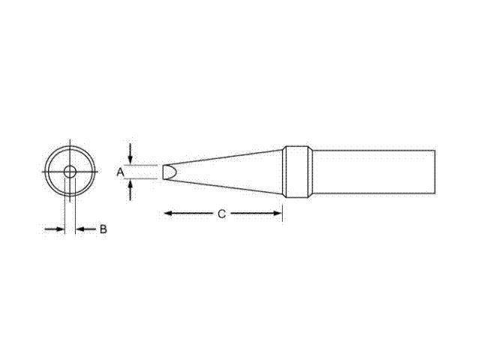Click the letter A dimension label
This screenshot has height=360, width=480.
tap(119, 172)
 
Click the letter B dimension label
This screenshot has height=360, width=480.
tap(103, 229)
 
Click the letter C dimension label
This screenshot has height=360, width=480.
tap(222, 214)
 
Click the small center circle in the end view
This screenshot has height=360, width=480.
tap(69, 172)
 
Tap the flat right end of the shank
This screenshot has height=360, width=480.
tap(435, 172)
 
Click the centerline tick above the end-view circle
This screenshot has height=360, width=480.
tap(69, 142)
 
